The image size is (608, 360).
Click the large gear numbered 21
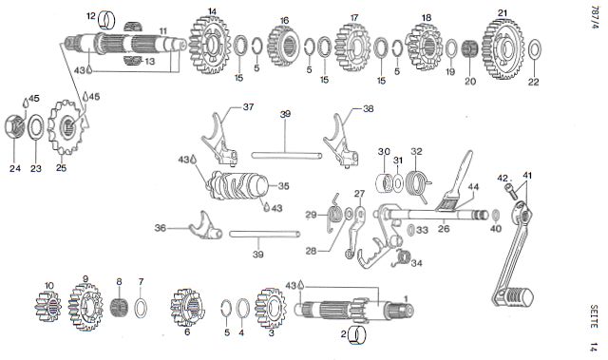[503, 48]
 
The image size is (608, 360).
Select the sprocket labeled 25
[66, 127]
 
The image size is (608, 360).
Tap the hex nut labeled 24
[15, 127]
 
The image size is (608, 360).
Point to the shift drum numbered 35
[238, 185]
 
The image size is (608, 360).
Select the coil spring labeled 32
[416, 183]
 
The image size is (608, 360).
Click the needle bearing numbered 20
[470, 50]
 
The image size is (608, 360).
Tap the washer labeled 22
[535, 48]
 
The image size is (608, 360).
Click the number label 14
[212, 11]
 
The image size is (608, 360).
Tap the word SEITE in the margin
[593, 316]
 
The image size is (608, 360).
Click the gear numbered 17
[352, 47]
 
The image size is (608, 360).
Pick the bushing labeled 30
[385, 182]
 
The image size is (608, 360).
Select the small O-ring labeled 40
[496, 216]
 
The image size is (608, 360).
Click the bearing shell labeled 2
[357, 334]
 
